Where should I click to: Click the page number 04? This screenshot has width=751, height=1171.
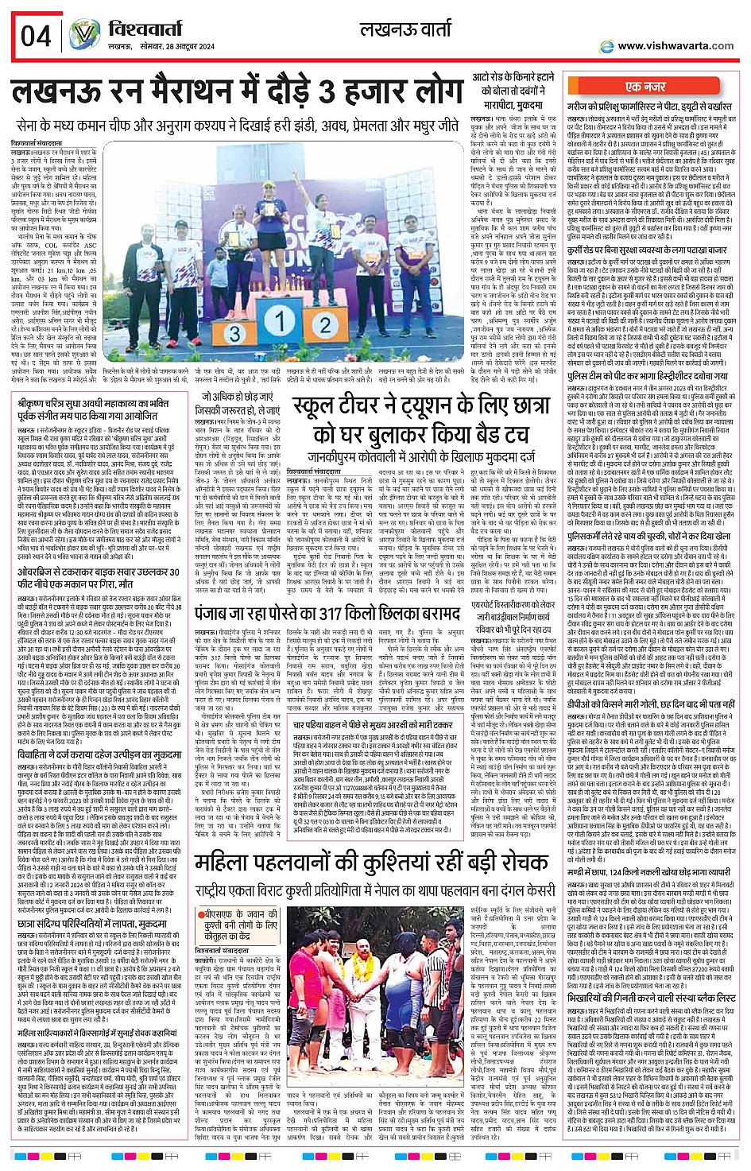pos(36,36)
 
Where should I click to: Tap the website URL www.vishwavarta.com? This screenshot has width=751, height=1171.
pos(676,45)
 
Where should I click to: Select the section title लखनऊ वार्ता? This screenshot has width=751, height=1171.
pos(405,30)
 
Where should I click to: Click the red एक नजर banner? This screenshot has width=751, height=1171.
pos(645,87)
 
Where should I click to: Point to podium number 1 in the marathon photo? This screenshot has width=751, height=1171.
pos(279,321)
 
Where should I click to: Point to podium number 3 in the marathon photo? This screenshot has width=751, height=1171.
pos(234,333)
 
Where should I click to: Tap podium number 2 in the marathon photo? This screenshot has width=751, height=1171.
pos(324,325)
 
